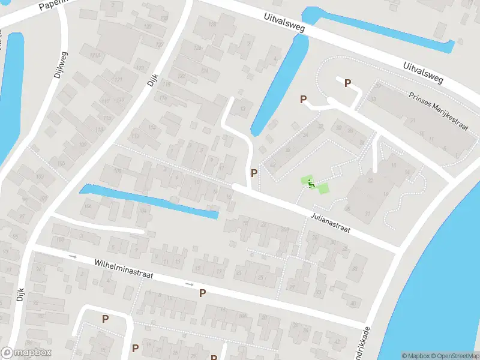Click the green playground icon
tap(310, 183)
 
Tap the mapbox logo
tap(26, 353)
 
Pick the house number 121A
tap(94, 55)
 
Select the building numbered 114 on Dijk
tap(152, 127)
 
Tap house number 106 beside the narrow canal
tap(118, 171)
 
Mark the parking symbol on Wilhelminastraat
tap(203, 293)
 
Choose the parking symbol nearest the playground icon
tap(254, 173)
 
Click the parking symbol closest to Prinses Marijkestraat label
tap(347, 83)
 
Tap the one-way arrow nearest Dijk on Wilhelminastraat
tap(73, 257)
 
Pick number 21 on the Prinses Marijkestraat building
tap(413, 121)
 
